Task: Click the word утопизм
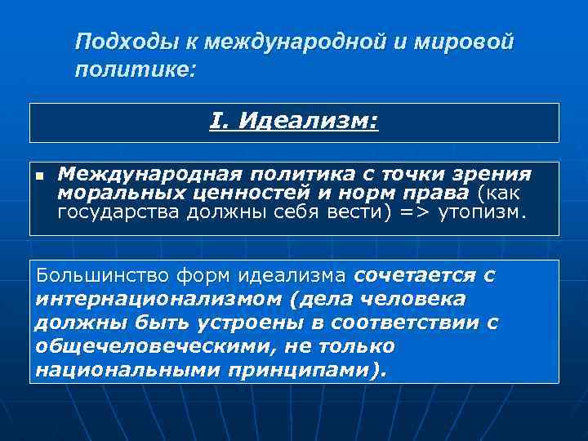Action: click(482, 213)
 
